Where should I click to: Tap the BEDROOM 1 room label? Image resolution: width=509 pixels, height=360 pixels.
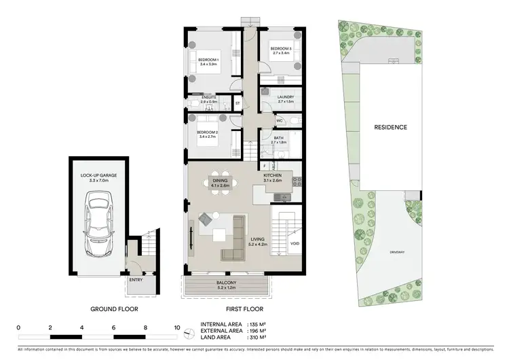click(208, 61)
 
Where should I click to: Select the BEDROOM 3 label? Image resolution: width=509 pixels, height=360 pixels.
click(280, 49)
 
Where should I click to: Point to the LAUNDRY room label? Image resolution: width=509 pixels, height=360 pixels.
click(286, 97)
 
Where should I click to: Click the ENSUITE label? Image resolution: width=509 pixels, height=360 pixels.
click(208, 98)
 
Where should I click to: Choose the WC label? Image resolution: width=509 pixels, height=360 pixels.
click(279, 120)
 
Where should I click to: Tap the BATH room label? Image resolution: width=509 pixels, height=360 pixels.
click(279, 139)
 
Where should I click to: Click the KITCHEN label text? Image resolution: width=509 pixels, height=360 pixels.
click(273, 175)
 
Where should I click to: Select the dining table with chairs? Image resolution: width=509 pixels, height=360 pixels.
click(219, 182)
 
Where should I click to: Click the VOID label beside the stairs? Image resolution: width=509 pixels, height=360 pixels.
click(294, 243)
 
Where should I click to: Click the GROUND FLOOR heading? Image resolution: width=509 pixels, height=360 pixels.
click(114, 309)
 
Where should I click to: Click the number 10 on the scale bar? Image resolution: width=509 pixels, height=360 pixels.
click(177, 327)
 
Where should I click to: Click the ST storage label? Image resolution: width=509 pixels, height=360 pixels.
click(238, 104)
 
